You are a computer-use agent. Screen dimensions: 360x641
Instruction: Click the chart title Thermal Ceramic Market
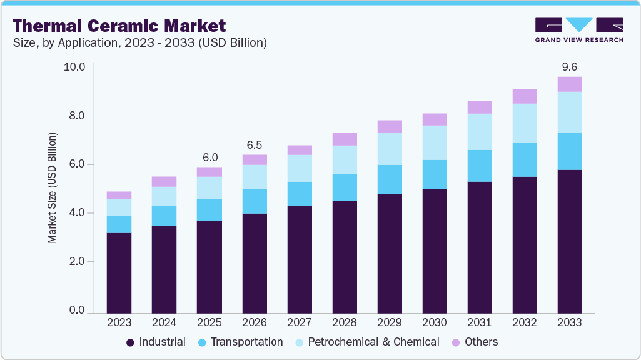tap(119, 26)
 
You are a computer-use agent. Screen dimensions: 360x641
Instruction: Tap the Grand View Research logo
tap(578, 29)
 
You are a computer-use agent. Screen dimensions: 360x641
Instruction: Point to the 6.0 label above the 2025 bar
tap(209, 157)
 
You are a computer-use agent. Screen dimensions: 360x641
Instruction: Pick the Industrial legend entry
tap(156, 342)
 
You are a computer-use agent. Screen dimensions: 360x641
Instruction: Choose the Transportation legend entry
tap(240, 342)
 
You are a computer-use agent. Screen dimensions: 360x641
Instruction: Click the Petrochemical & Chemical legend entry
tap(366, 342)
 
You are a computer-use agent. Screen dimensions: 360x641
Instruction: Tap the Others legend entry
tap(475, 342)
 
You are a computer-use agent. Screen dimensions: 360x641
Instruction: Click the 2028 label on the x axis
tap(345, 322)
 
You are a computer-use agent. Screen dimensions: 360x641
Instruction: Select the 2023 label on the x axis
tap(119, 322)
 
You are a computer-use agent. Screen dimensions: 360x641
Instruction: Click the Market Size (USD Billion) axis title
tap(53, 187)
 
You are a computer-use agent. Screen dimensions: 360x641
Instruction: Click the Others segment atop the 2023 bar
tap(119, 196)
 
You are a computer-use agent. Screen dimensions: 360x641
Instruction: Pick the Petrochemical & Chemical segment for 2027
tap(300, 168)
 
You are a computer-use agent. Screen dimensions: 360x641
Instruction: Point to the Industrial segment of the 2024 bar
tap(164, 269)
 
